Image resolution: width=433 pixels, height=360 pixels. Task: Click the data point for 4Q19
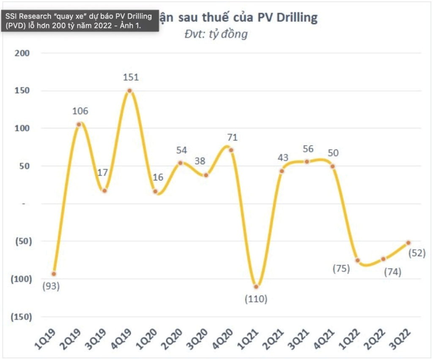click(130, 91)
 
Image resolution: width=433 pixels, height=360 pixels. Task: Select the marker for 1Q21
click(257, 286)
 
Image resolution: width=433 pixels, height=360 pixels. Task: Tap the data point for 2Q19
click(79, 124)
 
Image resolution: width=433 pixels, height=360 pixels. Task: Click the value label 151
click(130, 77)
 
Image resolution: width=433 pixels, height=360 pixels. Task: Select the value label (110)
click(256, 300)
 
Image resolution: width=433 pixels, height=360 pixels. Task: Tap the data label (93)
click(51, 286)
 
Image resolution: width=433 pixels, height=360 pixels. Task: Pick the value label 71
click(232, 137)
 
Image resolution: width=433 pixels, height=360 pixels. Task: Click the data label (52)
click(417, 253)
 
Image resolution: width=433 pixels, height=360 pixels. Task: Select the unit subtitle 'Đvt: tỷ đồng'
click(216, 34)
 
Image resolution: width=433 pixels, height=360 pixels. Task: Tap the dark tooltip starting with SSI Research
click(79, 20)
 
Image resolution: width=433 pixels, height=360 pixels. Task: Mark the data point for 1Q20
click(155, 192)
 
